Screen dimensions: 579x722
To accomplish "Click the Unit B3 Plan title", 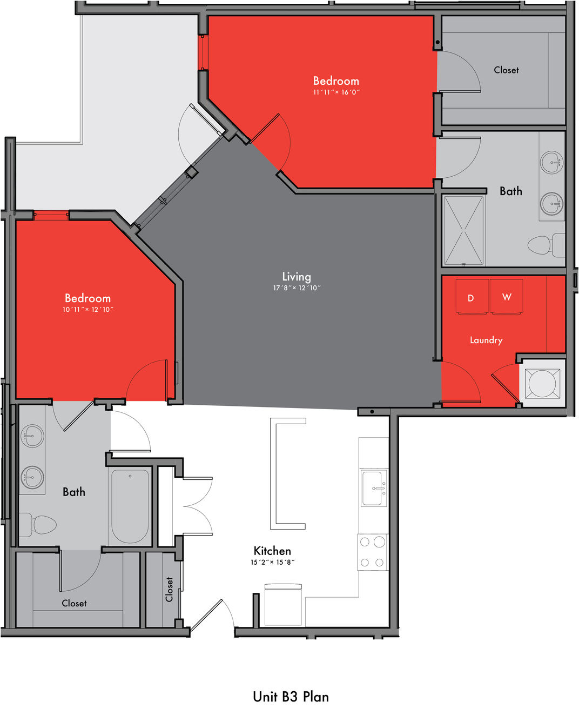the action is [x=291, y=697].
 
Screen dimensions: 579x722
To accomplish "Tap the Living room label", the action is [x=297, y=277].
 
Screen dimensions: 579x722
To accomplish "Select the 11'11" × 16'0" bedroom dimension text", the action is [x=336, y=92].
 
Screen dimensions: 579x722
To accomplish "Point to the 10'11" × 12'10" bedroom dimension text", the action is [x=88, y=309].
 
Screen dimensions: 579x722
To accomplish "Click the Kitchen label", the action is [x=272, y=551].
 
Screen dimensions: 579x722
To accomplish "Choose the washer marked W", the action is [x=506, y=297].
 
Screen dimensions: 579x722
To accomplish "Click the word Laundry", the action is [x=486, y=340].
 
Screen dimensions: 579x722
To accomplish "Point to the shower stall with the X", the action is [x=464, y=231].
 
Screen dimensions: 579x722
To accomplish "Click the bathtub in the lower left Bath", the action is [x=130, y=506].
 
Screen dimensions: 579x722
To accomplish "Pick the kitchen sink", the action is [x=374, y=488].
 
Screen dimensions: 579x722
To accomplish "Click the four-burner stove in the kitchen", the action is [x=373, y=552].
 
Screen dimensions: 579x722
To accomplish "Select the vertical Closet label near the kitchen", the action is [x=169, y=590].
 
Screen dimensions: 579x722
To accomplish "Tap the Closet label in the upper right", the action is [x=506, y=70].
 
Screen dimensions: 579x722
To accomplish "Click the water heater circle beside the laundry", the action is [x=542, y=384].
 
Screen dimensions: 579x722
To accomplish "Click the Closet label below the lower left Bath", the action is [x=74, y=604].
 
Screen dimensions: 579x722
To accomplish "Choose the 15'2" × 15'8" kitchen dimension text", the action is [x=273, y=562].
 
